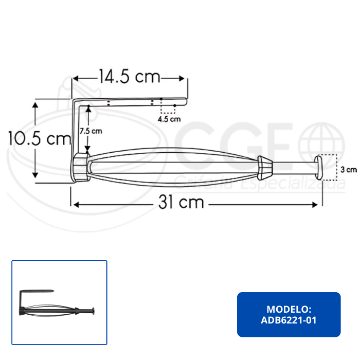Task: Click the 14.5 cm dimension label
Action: click(x=130, y=76)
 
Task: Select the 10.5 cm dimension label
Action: click(x=40, y=138)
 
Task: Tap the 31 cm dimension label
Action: click(x=181, y=202)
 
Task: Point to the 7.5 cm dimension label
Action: click(x=91, y=131)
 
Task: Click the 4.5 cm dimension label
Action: click(x=169, y=119)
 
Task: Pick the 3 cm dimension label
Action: click(x=349, y=170)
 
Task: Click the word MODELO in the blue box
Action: click(x=289, y=309)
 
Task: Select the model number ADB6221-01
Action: click(x=289, y=320)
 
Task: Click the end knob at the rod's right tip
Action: click(x=318, y=168)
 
